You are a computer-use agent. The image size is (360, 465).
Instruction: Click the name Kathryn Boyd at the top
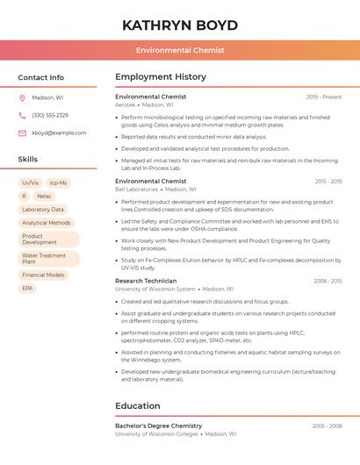click(x=180, y=25)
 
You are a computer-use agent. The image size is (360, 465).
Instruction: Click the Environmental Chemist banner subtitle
click(x=180, y=51)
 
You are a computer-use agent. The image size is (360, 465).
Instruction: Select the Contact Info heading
click(x=41, y=78)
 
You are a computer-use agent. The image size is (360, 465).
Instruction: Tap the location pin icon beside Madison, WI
click(x=22, y=98)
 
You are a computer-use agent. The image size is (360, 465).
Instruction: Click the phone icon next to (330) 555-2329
click(x=22, y=116)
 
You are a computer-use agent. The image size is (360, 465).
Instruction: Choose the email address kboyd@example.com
click(x=59, y=133)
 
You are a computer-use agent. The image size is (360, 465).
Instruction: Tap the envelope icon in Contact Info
click(x=22, y=133)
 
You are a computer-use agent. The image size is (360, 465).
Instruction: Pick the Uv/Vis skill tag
click(x=30, y=183)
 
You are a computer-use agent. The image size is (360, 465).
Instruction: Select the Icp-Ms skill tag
click(x=59, y=183)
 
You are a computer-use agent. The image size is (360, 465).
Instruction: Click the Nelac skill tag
click(x=44, y=197)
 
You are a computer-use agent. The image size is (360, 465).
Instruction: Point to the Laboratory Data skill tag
click(x=43, y=210)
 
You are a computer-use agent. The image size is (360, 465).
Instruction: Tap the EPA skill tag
click(x=27, y=289)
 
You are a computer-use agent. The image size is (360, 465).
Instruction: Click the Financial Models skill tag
click(x=43, y=275)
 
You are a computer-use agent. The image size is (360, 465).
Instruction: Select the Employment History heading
click(x=161, y=77)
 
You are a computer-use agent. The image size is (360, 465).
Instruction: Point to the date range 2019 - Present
click(x=324, y=97)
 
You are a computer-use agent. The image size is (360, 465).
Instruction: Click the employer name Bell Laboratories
click(x=137, y=190)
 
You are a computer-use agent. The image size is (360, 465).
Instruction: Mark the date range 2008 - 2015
click(x=328, y=281)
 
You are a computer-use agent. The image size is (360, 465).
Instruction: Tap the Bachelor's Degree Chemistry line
click(x=158, y=426)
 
